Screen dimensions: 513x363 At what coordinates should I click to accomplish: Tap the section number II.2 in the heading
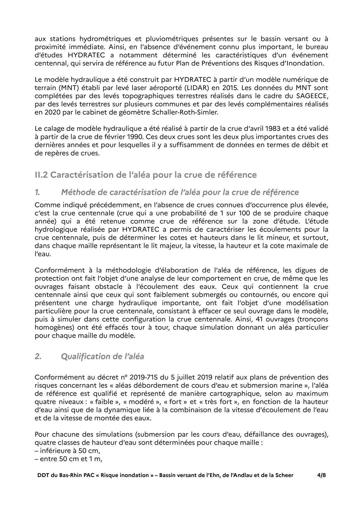41,175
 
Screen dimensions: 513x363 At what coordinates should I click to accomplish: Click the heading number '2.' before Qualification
37,356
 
